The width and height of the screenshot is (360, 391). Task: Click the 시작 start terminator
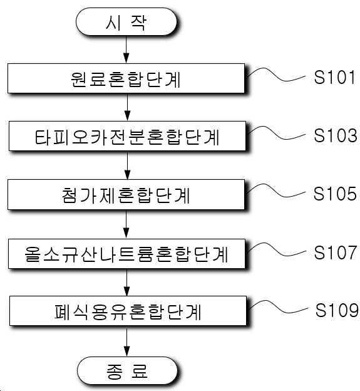coord(126,22)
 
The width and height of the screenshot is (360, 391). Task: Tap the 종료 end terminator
coord(127,370)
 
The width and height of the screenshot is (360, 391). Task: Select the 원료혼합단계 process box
coord(126,78)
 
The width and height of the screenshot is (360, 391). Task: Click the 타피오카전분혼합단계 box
coord(127,136)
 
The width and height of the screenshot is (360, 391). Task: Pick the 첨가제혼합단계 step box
coord(126,194)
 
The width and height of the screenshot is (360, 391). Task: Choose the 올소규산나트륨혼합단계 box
coord(127,254)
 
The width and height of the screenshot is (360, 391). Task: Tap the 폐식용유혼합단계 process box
coord(128,311)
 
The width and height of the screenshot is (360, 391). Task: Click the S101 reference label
coord(334,77)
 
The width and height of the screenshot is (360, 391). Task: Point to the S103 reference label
coord(336,135)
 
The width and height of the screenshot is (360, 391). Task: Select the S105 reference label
coord(335,194)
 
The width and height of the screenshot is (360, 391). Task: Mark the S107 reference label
coord(336,253)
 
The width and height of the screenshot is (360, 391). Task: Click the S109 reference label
coord(337,310)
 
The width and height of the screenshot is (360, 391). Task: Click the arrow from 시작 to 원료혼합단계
coord(126,50)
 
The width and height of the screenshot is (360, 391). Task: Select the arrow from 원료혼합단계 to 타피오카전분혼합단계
coord(127,107)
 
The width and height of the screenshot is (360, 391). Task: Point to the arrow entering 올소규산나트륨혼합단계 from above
coord(126,224)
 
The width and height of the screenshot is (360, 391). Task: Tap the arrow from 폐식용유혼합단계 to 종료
coord(127,341)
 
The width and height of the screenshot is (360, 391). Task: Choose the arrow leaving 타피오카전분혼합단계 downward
coord(127,165)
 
